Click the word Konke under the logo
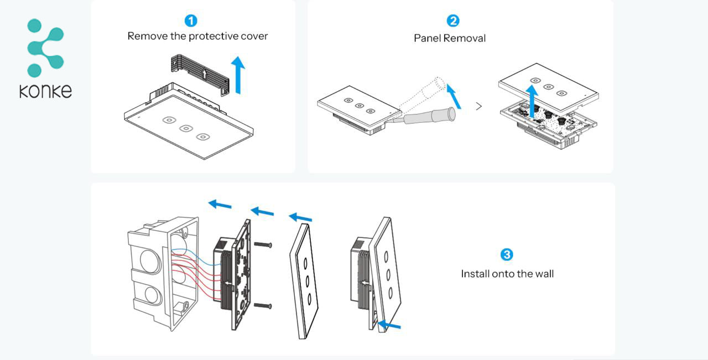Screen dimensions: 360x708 [45, 91]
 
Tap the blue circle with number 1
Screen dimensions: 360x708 [191, 21]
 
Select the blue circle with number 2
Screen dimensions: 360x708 [452, 21]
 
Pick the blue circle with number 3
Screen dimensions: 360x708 [507, 254]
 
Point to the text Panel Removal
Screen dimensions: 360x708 [450, 38]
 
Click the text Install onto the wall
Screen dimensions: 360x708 [507, 274]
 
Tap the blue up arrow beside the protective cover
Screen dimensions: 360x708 [238, 75]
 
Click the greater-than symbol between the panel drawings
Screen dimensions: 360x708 [479, 106]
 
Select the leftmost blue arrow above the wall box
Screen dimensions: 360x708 [220, 205]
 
